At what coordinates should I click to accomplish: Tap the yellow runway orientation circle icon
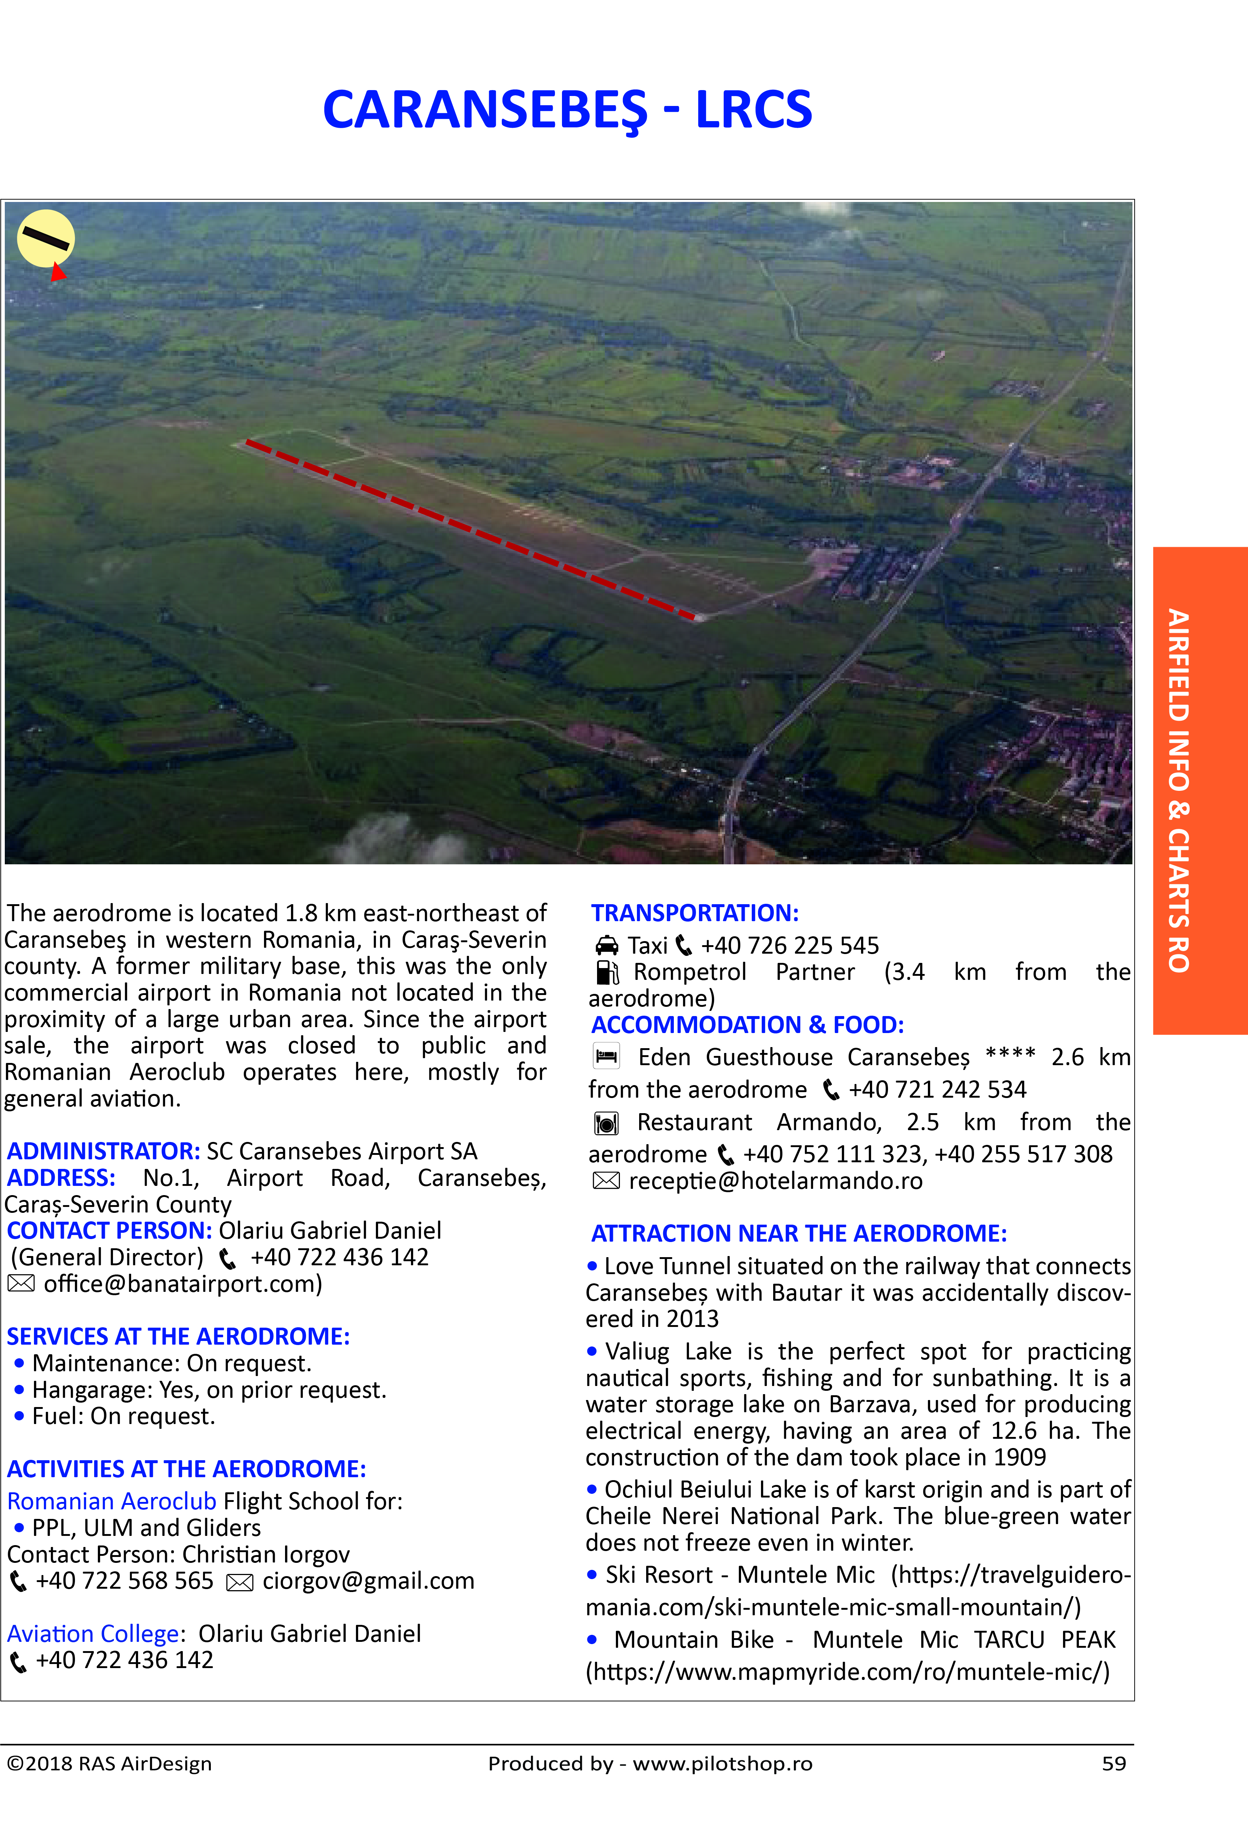click(x=46, y=238)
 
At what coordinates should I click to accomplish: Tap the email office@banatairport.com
click(x=182, y=1284)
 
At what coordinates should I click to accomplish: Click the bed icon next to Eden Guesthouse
click(x=606, y=1056)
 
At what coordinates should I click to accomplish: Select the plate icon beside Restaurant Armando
click(x=606, y=1122)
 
